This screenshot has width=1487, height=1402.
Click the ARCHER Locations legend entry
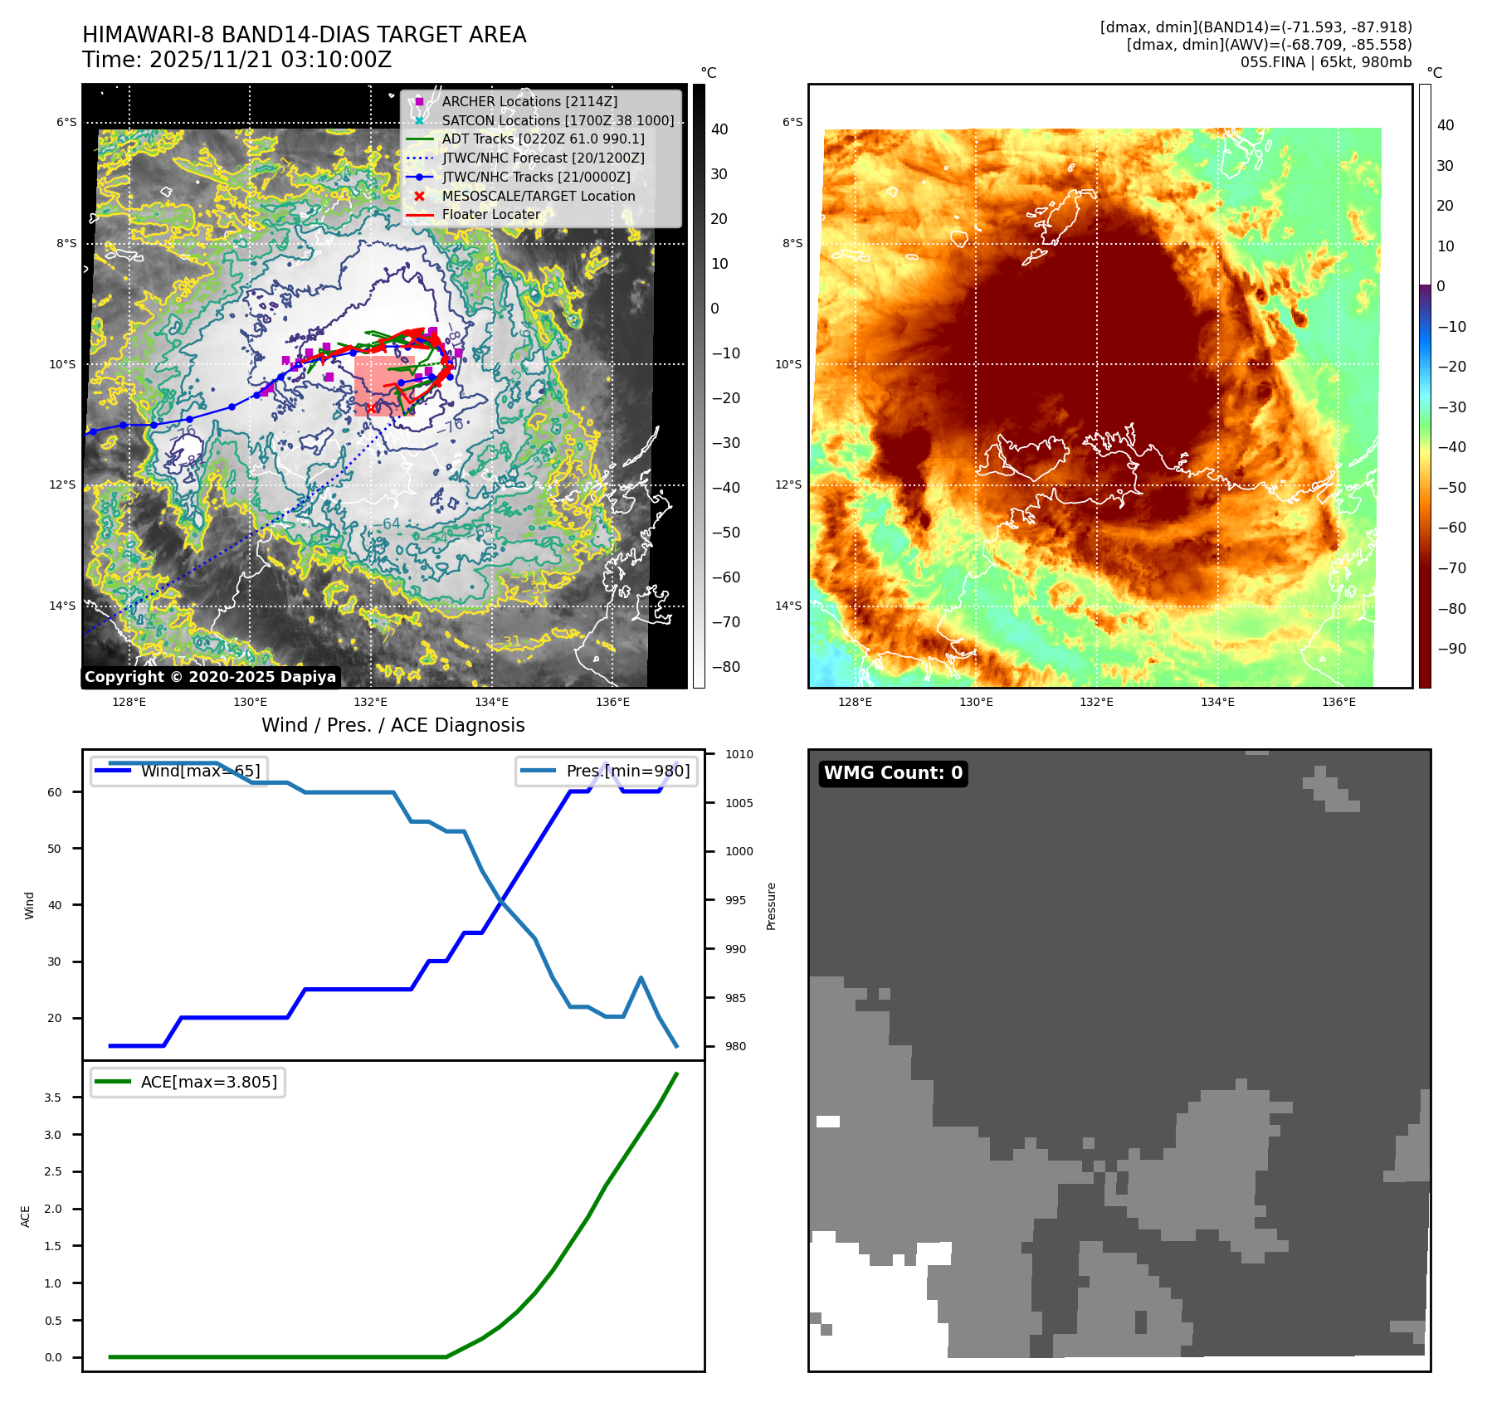[x=529, y=101]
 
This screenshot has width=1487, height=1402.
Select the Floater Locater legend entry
[x=490, y=214]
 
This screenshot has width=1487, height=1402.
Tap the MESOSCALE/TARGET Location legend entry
[x=538, y=196]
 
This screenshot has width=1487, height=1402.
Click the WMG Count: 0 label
[x=893, y=773]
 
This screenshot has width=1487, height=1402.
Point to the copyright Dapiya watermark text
[x=210, y=677]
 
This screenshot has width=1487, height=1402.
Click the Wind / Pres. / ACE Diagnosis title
[x=392, y=725]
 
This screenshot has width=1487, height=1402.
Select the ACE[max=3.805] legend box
[x=188, y=1082]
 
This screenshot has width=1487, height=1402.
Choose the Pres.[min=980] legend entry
[x=607, y=771]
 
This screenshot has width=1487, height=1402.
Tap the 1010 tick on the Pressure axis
[x=739, y=754]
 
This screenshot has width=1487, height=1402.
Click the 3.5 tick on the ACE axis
[x=53, y=1098]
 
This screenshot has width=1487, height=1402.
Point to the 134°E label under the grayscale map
[x=491, y=702]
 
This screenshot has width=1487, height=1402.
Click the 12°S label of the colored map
[x=788, y=484]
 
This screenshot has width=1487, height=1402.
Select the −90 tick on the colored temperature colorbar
[x=1451, y=649]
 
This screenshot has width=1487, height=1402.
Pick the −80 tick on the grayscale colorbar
[x=725, y=667]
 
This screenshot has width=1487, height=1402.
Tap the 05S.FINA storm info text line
[x=1325, y=62]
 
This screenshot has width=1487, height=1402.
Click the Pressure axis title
[x=771, y=906]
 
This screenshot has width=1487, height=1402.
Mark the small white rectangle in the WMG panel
[x=827, y=1122]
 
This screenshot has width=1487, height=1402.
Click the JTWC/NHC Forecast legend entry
[x=543, y=158]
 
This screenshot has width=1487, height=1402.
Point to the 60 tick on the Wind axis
[x=55, y=792]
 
